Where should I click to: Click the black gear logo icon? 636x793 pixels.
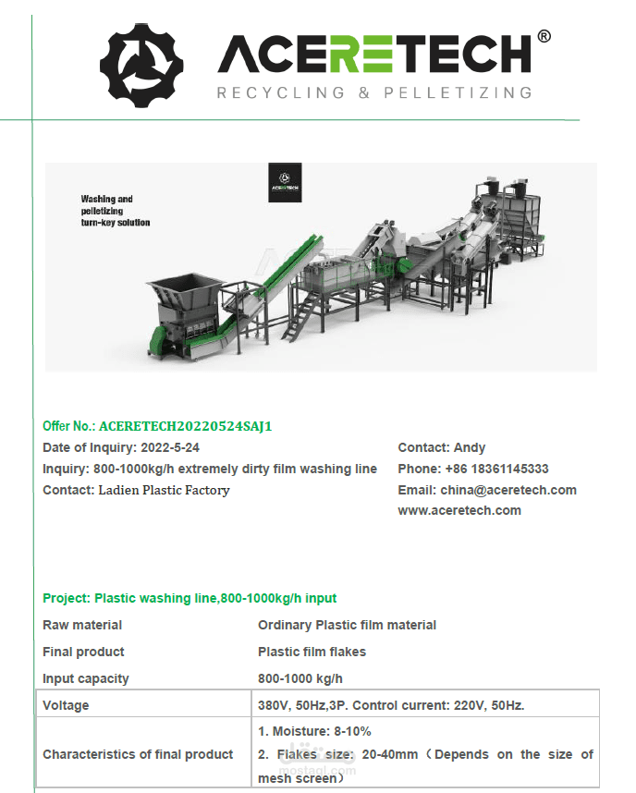coord(141,66)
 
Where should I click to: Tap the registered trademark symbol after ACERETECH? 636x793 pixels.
coord(544,36)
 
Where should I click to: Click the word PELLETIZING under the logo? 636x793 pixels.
coord(458,92)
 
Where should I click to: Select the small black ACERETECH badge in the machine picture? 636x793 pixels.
coord(285,183)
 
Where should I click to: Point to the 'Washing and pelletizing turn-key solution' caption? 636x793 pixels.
coord(116,211)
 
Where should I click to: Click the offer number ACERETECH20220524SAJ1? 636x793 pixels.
coord(185,426)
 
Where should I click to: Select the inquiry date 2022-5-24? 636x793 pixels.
coord(170,447)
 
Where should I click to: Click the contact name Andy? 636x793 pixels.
coord(470,447)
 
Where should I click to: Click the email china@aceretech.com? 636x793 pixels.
coord(508,490)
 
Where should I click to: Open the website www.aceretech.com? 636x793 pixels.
coord(459,511)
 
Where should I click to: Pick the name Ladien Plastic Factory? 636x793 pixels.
coord(164,490)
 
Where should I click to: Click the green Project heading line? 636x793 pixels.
coord(190,598)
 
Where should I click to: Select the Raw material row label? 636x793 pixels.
coord(82,625)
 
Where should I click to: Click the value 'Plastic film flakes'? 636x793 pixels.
coord(312,652)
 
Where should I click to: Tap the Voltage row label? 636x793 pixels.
coord(66,705)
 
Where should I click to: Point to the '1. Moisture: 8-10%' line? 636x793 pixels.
coord(314,731)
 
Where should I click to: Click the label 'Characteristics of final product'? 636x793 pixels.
coord(138,754)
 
